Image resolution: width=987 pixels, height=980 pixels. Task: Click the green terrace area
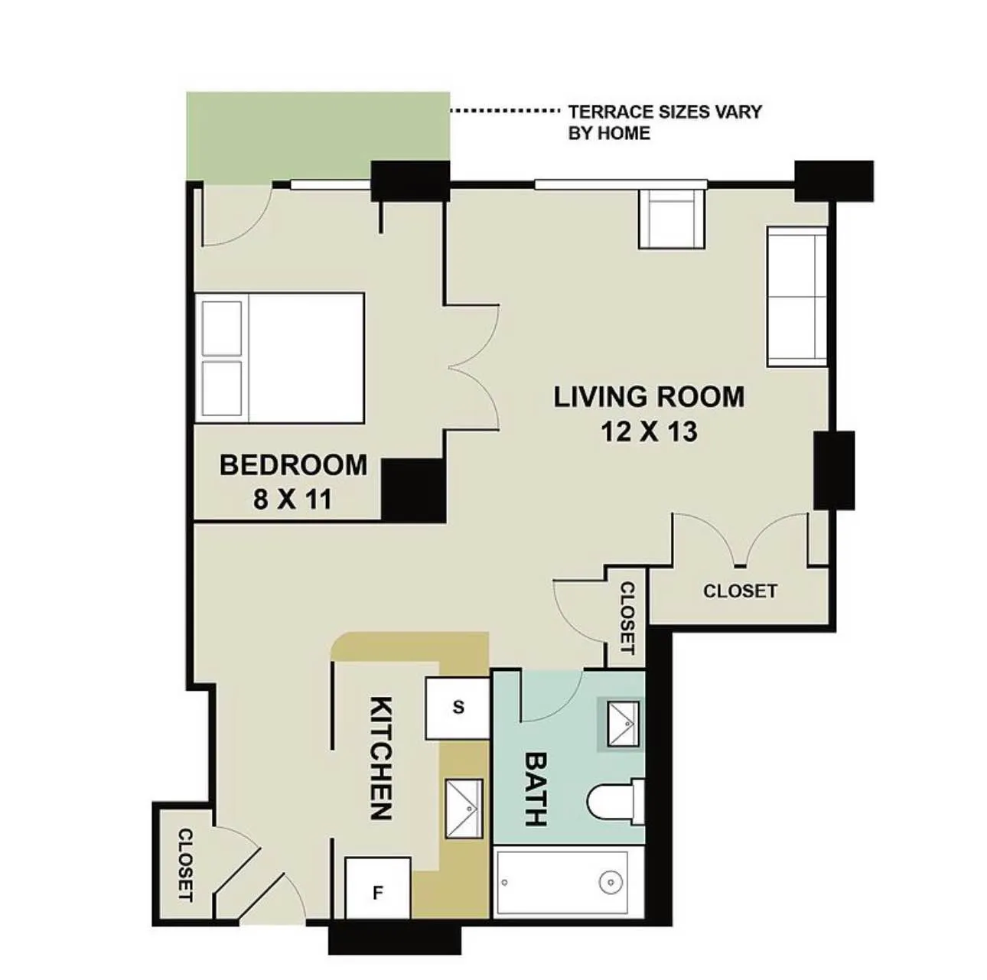coord(318,136)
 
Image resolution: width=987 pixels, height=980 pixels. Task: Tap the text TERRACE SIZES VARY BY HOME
coord(664,122)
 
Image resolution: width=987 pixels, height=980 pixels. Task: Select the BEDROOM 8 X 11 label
coord(293,481)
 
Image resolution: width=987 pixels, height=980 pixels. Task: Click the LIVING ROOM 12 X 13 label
coord(649,414)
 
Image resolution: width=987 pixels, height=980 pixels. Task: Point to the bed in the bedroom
coord(280,357)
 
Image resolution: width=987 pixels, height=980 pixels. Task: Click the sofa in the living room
coord(796,296)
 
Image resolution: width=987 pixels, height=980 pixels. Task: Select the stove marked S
coord(458,708)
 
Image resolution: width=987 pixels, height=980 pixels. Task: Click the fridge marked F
coord(377,891)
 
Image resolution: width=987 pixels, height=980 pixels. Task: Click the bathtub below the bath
coord(562,882)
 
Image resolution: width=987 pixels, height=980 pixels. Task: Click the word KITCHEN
coord(380,757)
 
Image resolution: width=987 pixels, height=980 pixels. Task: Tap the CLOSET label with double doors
coord(739,591)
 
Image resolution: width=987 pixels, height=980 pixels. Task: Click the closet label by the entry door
coord(185,864)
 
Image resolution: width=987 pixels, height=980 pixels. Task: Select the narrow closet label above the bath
coord(627,617)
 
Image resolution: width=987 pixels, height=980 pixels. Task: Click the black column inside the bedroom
coord(413,490)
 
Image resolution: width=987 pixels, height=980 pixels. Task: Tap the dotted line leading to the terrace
coord(504,111)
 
